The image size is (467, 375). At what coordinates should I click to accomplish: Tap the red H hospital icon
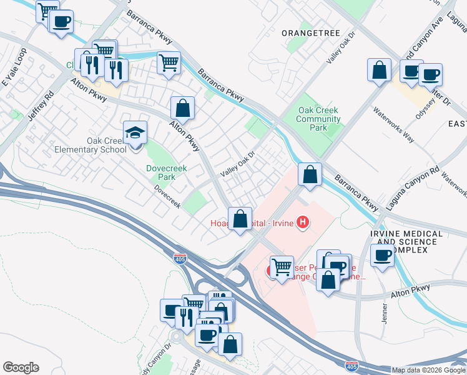[x=303, y=222]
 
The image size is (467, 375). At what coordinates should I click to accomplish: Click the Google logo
[x=21, y=367]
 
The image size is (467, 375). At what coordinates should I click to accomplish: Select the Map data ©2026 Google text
[x=428, y=370]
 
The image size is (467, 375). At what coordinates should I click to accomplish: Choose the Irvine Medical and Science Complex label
[x=406, y=242]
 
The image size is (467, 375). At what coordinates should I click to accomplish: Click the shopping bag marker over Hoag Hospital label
[x=240, y=219]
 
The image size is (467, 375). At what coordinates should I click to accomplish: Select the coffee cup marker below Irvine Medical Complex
[x=382, y=256]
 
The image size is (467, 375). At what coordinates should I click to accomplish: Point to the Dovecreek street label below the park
[x=167, y=196]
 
